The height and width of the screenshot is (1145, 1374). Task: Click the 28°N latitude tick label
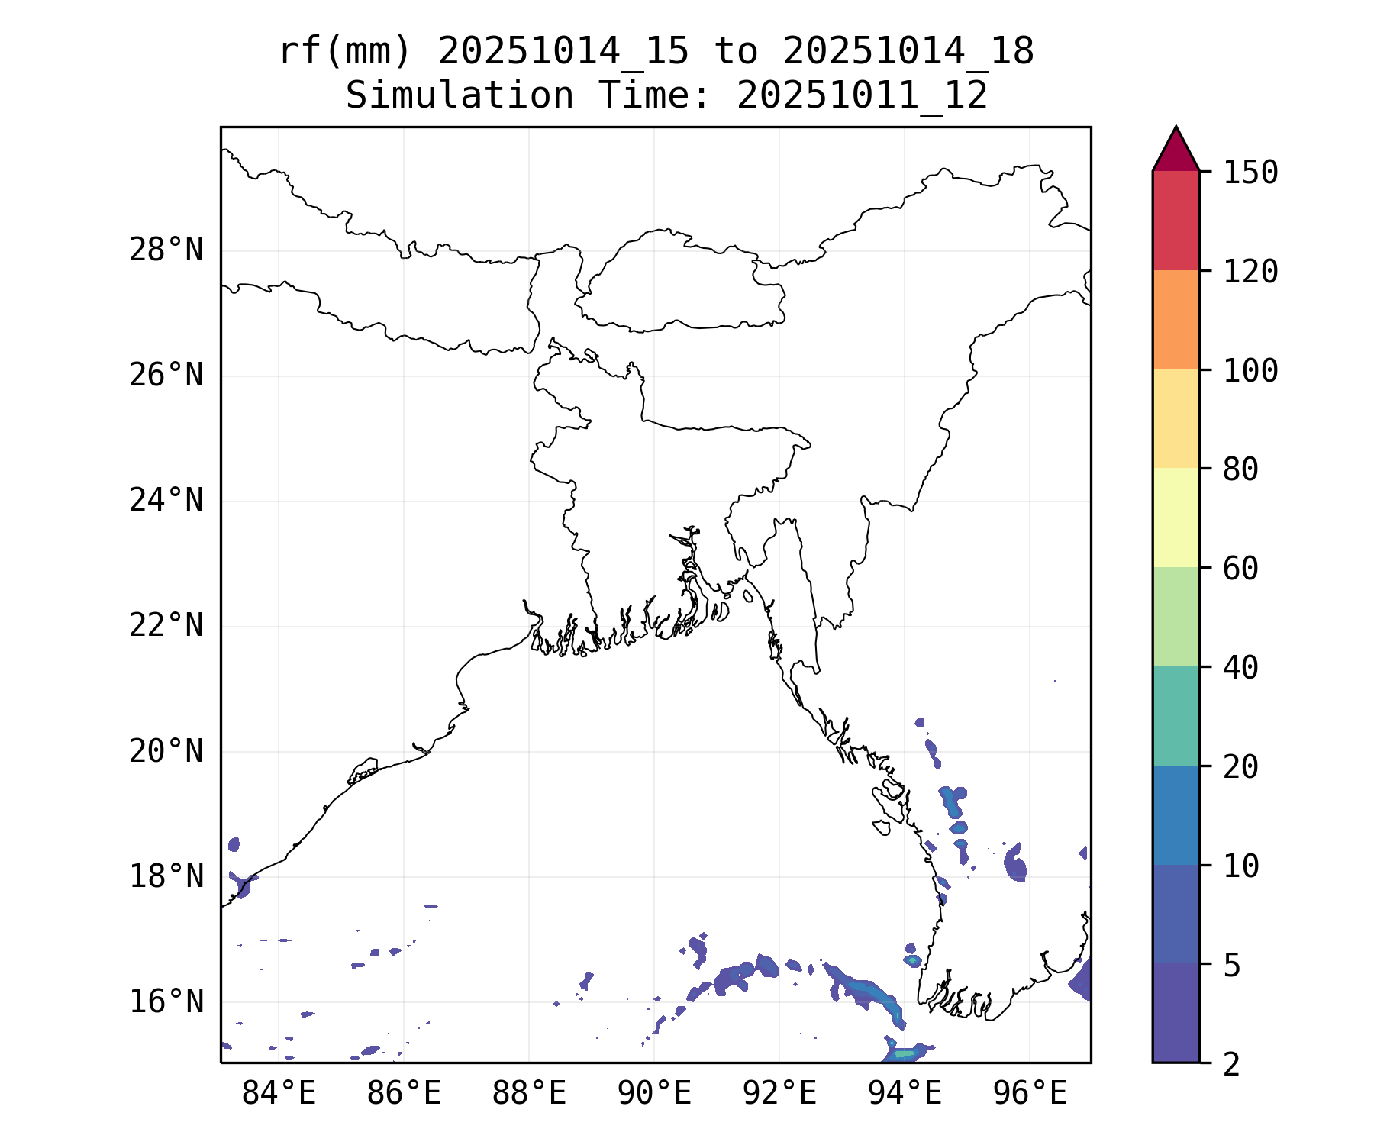[x=166, y=250]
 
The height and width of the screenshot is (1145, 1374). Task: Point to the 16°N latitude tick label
[x=166, y=1001]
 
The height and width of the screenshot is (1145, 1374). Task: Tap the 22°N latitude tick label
[x=166, y=625]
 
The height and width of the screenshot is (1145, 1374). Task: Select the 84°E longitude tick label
[x=279, y=1094]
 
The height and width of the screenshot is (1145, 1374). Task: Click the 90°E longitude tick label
[x=654, y=1094]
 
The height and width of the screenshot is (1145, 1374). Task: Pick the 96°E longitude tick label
[x=1030, y=1094]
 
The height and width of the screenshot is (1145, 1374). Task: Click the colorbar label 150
[x=1250, y=173]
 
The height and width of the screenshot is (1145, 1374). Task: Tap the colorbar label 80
[x=1240, y=469]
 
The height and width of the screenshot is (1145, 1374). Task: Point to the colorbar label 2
[x=1231, y=1064]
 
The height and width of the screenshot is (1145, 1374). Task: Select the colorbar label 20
[x=1240, y=766]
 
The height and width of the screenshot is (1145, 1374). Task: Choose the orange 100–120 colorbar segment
[x=1176, y=320]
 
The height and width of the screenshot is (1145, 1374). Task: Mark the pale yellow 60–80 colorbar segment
[x=1176, y=518]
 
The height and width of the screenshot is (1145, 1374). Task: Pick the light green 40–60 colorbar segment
[x=1176, y=617]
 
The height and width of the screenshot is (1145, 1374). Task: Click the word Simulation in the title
[x=460, y=95]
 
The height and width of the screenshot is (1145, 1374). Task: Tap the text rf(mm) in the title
[x=345, y=51]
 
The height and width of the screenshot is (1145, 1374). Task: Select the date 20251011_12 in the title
[x=863, y=95]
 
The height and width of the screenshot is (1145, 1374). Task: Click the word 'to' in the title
[x=736, y=51]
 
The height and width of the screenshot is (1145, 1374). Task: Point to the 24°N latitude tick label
[x=166, y=500]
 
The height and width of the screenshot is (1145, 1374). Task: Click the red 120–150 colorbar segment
[x=1176, y=221]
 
